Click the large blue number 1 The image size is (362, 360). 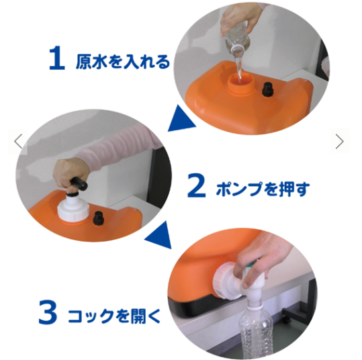pyautogui.click(x=57, y=58)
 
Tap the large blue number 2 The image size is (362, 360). pyautogui.click(x=197, y=185)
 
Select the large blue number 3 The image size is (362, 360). pyautogui.click(x=48, y=312)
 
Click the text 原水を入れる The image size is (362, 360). pyautogui.click(x=123, y=61)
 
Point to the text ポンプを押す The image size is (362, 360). pyautogui.click(x=263, y=189)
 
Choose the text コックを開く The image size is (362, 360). pyautogui.click(x=114, y=316)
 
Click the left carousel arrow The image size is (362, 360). pyautogui.click(x=18, y=141)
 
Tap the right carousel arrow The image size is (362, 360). pyautogui.click(x=340, y=141)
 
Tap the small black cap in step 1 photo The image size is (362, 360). pyautogui.click(x=268, y=89)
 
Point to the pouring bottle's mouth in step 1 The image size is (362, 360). pyautogui.click(x=238, y=51)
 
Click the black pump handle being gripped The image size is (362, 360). pyautogui.click(x=79, y=183)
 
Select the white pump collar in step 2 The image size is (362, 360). pyautogui.click(x=73, y=208)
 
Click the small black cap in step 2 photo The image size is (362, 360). pyautogui.click(x=99, y=218)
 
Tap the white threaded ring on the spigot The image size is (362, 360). pyautogui.click(x=223, y=281)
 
